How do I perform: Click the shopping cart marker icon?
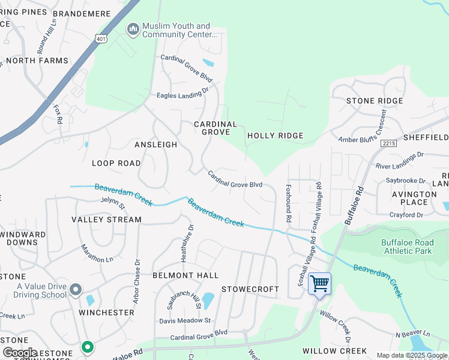tap(319, 283)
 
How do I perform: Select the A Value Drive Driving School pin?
tap(75, 290)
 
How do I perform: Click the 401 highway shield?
tap(100, 38)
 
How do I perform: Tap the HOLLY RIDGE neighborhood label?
tap(276, 136)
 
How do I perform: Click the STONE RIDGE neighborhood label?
tap(375, 101)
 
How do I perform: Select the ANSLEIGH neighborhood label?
tap(155, 145)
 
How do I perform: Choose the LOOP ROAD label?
tap(116, 163)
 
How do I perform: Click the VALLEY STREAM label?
tap(107, 220)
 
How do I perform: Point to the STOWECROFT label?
tap(250, 289)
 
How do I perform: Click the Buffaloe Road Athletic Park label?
tap(406, 247)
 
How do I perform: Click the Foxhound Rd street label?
tap(288, 203)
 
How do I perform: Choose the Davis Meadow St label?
tap(185, 321)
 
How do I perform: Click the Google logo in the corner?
tap(20, 353)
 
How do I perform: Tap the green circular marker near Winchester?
tap(88, 347)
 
